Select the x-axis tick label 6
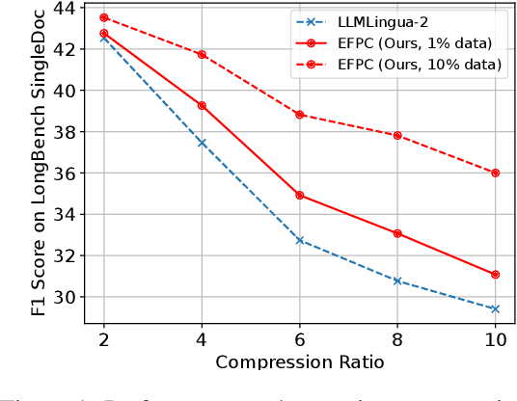pyautogui.click(x=299, y=342)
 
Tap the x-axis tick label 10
pyautogui.click(x=495, y=342)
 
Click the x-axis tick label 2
pyautogui.click(x=103, y=342)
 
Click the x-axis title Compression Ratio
pyautogui.click(x=299, y=362)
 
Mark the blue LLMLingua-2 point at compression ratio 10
pyautogui.click(x=495, y=308)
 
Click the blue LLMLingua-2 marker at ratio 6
pyautogui.click(x=299, y=240)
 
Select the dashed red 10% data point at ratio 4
pyautogui.click(x=202, y=54)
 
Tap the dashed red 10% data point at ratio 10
pyautogui.click(x=495, y=173)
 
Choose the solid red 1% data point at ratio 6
pyautogui.click(x=299, y=195)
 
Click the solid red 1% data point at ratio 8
pyautogui.click(x=397, y=233)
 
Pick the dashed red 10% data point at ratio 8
pyautogui.click(x=397, y=135)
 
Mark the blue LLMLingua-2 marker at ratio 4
pyautogui.click(x=202, y=142)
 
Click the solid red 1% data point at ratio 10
pyautogui.click(x=495, y=275)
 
